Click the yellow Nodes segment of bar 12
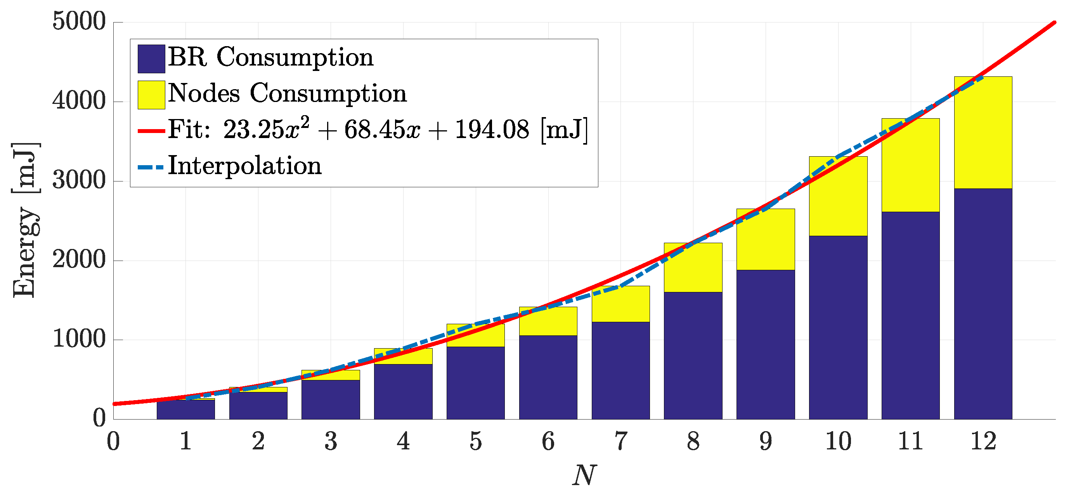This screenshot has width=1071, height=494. [983, 137]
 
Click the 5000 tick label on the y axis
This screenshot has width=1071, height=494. [79, 22]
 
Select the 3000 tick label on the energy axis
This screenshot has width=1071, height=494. [79, 181]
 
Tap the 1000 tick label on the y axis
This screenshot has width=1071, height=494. [79, 339]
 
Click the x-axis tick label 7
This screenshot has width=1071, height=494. [620, 441]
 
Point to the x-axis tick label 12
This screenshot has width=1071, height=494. [983, 441]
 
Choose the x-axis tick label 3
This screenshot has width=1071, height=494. [331, 441]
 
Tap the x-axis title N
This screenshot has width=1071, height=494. [584, 475]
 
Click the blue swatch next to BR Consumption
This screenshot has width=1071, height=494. [151, 59]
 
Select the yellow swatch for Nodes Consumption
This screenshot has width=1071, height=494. [151, 95]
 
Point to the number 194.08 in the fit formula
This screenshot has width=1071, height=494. [492, 130]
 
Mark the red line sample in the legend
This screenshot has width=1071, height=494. [151, 131]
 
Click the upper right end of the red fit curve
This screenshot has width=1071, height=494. [1054, 22]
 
